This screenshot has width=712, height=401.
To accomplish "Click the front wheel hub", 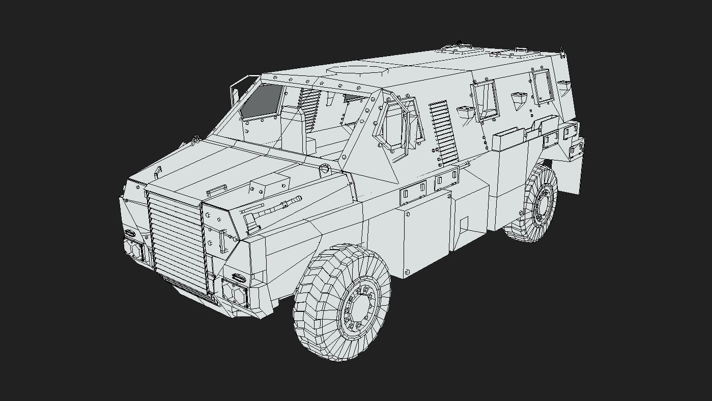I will (360, 307).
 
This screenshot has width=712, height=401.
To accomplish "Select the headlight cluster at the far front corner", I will (134, 250).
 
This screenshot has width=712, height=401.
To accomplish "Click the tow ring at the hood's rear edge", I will (325, 169).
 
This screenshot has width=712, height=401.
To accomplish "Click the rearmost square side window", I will (542, 87).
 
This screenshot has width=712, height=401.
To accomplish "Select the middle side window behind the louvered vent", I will (486, 100).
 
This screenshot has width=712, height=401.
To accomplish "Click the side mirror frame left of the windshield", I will (236, 94).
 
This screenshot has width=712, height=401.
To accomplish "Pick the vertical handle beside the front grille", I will (222, 241).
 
